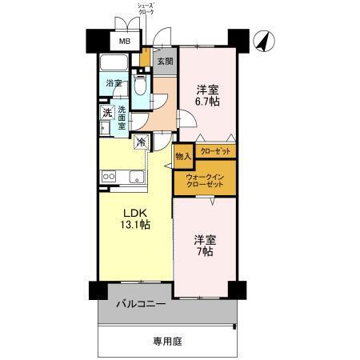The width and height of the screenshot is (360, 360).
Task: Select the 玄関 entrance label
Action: pyautogui.click(x=164, y=62)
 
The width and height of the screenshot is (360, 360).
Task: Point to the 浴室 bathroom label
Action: pyautogui.click(x=114, y=83)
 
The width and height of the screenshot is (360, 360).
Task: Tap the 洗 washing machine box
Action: pyautogui.click(x=106, y=113)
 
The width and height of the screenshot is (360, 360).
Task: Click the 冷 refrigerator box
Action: pyautogui.click(x=141, y=143)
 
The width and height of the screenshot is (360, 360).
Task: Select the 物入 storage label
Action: pyautogui.click(x=182, y=156)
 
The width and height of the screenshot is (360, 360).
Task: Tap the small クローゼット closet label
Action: pyautogui.click(x=214, y=150)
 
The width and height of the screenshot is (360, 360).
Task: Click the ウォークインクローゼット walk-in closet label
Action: pyautogui.click(x=205, y=181)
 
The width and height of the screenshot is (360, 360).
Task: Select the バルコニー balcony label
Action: pyautogui.click(x=141, y=304)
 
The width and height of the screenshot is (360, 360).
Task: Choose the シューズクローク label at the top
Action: pyautogui.click(x=145, y=8)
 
